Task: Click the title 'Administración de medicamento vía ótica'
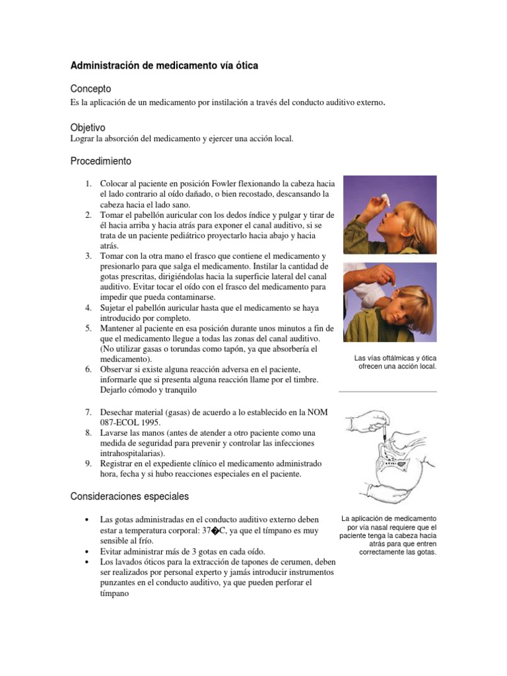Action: click(x=164, y=66)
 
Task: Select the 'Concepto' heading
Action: click(x=90, y=88)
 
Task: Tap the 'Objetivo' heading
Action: click(x=88, y=127)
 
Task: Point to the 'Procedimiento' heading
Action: click(x=100, y=161)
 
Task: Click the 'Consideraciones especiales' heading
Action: click(x=129, y=496)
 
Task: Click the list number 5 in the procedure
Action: click(x=88, y=328)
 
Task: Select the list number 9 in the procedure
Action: click(x=88, y=464)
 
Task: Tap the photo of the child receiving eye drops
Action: click(x=389, y=215)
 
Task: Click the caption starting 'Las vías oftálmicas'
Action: click(x=392, y=362)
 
